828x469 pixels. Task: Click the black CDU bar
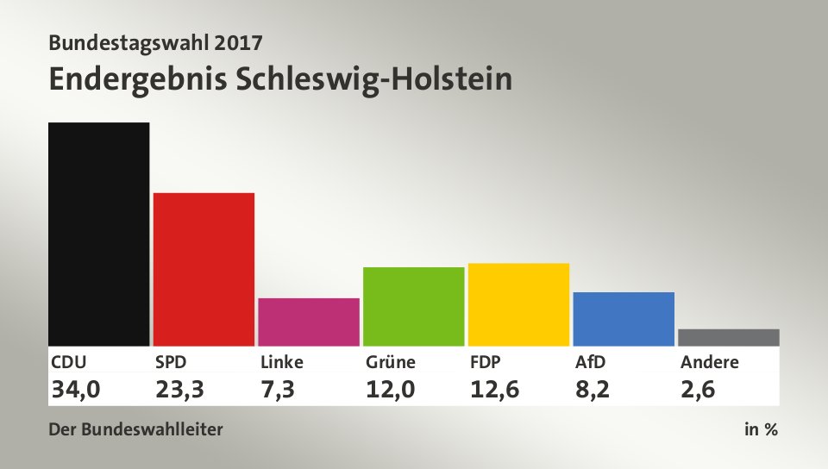pyautogui.click(x=99, y=234)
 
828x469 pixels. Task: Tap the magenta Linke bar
pyautogui.click(x=309, y=322)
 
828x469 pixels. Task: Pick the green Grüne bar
pyautogui.click(x=414, y=306)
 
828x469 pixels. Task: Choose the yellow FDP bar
pyautogui.click(x=518, y=304)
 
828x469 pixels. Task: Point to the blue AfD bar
pyautogui.click(x=624, y=318)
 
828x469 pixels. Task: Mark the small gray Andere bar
pyautogui.click(x=729, y=337)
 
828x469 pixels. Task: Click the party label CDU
pyautogui.click(x=69, y=362)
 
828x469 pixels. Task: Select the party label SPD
pyautogui.click(x=171, y=362)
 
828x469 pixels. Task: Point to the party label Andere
pyautogui.click(x=709, y=362)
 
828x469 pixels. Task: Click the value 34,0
pyautogui.click(x=76, y=390)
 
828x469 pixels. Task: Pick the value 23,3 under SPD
pyautogui.click(x=179, y=390)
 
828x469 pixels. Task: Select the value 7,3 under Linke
pyautogui.click(x=278, y=390)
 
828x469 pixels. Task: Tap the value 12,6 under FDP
pyautogui.click(x=494, y=390)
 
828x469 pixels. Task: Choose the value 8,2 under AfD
pyautogui.click(x=593, y=390)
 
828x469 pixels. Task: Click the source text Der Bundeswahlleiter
pyautogui.click(x=136, y=429)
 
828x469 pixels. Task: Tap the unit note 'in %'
pyautogui.click(x=761, y=429)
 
